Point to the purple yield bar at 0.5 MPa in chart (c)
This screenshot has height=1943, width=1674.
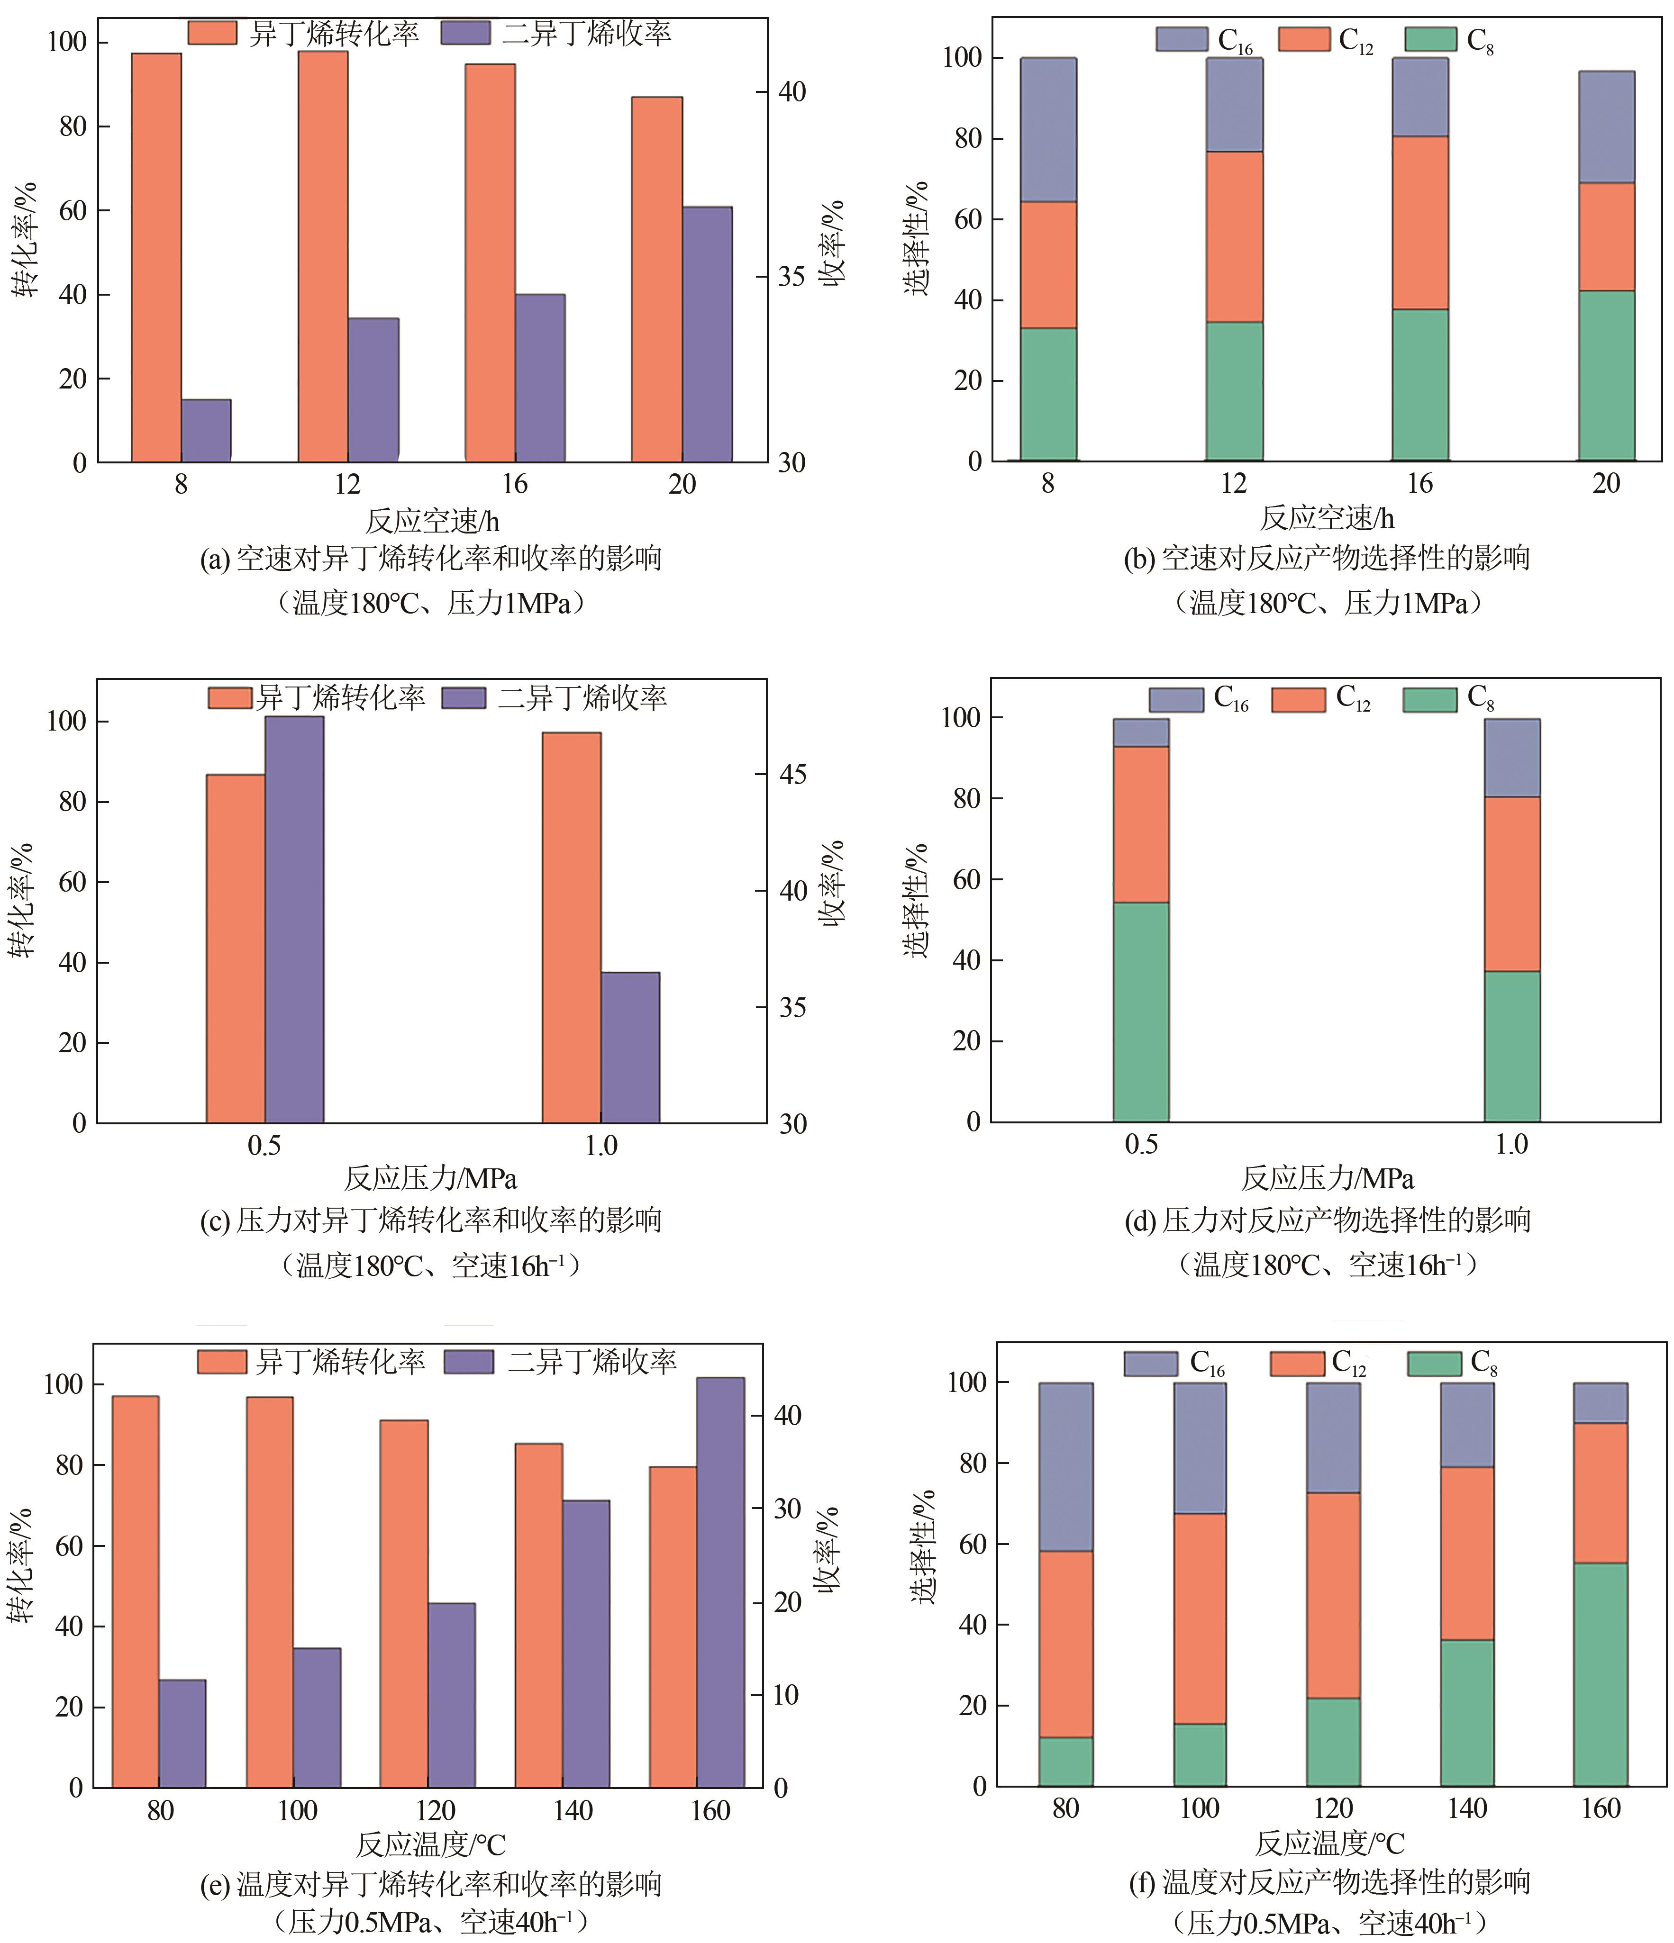pyautogui.click(x=294, y=919)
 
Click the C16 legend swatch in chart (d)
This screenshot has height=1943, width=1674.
pyautogui.click(x=1176, y=700)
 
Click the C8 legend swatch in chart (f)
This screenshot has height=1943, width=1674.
pyautogui.click(x=1434, y=1364)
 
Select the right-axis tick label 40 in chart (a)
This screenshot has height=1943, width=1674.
pyautogui.click(x=792, y=92)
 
